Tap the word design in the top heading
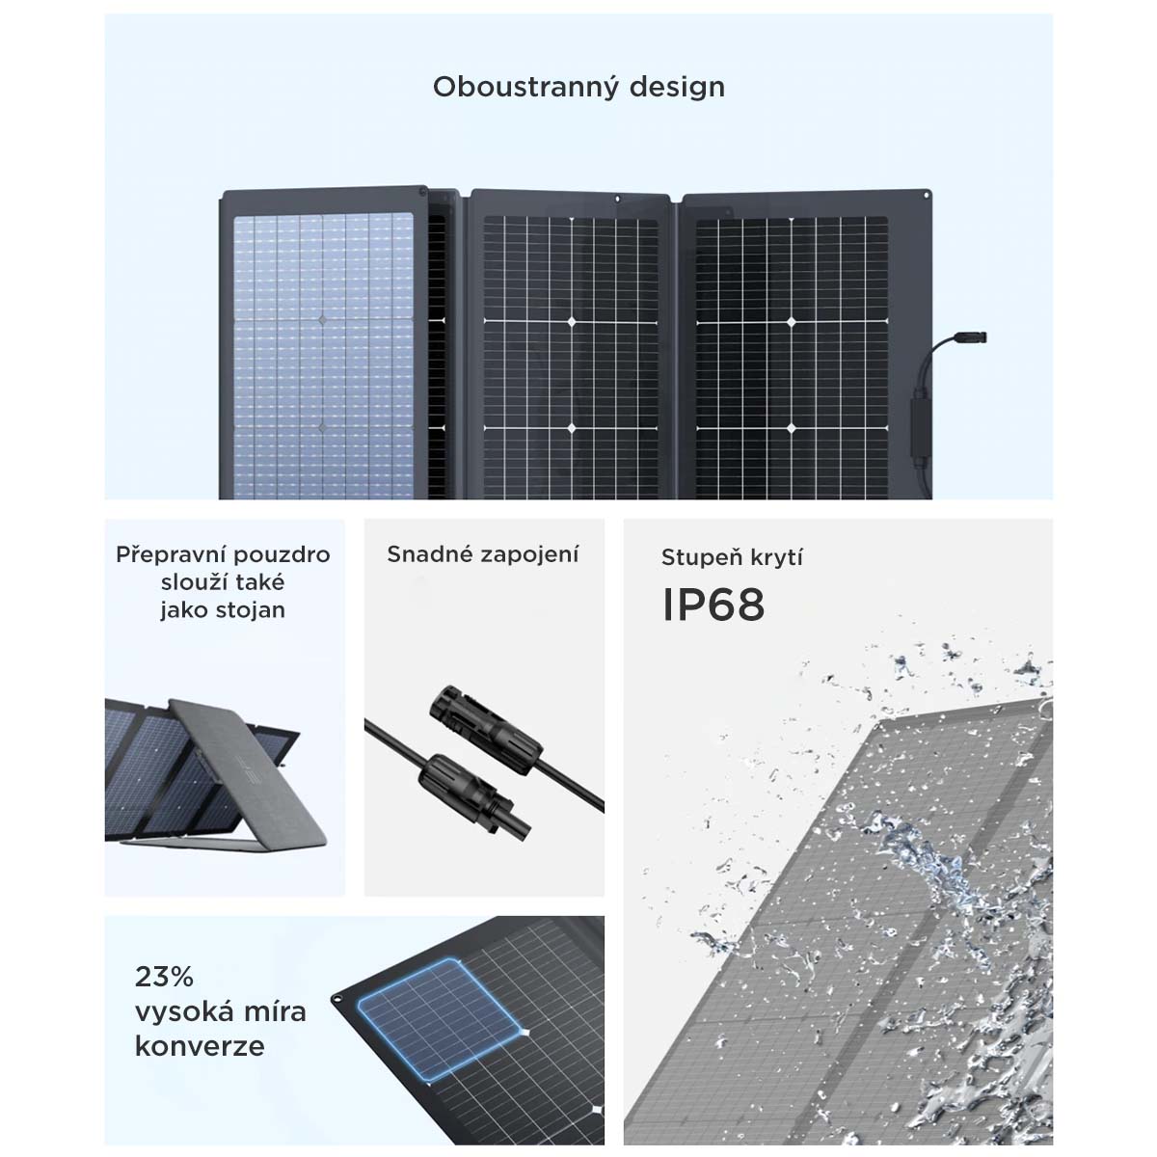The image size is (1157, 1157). tap(677, 87)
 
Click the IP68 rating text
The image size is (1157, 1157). tap(713, 605)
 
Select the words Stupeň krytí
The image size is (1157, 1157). tap(732, 557)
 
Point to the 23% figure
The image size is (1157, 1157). tap(165, 977)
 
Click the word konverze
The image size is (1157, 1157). tap(200, 1046)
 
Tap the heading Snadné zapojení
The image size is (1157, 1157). tap(483, 554)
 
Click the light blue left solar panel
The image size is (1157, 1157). tap(323, 357)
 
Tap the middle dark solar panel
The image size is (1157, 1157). tap(571, 358)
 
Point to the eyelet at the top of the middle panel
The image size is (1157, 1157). tap(618, 199)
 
